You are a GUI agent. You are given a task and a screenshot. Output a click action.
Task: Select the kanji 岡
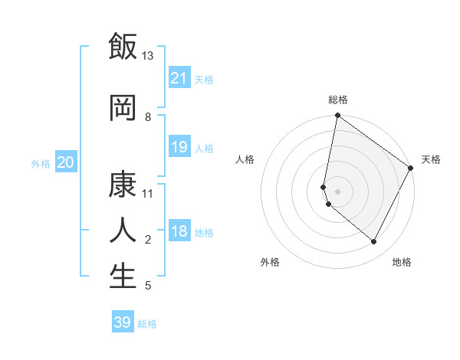123,108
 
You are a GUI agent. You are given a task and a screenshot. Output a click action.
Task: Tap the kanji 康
123,185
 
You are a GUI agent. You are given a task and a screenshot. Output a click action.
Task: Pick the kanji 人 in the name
123,230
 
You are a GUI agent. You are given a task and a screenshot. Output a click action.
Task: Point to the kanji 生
123,276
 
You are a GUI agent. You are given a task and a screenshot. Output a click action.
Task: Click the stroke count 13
148,56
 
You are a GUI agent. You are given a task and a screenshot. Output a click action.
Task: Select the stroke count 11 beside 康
148,193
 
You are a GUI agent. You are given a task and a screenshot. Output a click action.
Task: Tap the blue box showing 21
179,78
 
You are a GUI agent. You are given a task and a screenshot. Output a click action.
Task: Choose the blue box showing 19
179,147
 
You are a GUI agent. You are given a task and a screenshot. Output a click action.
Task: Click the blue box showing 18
179,232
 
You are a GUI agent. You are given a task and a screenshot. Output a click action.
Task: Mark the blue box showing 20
66,162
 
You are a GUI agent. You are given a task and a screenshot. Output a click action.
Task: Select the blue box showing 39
123,322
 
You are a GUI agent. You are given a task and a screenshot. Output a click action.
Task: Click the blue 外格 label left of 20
41,164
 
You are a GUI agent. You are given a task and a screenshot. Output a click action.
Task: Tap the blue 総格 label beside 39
147,324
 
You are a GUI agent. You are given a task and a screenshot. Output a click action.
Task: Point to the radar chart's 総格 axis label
338,100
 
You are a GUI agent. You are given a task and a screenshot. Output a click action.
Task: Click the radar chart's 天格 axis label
431,159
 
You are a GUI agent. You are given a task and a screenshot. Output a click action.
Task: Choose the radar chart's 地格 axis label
402,262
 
